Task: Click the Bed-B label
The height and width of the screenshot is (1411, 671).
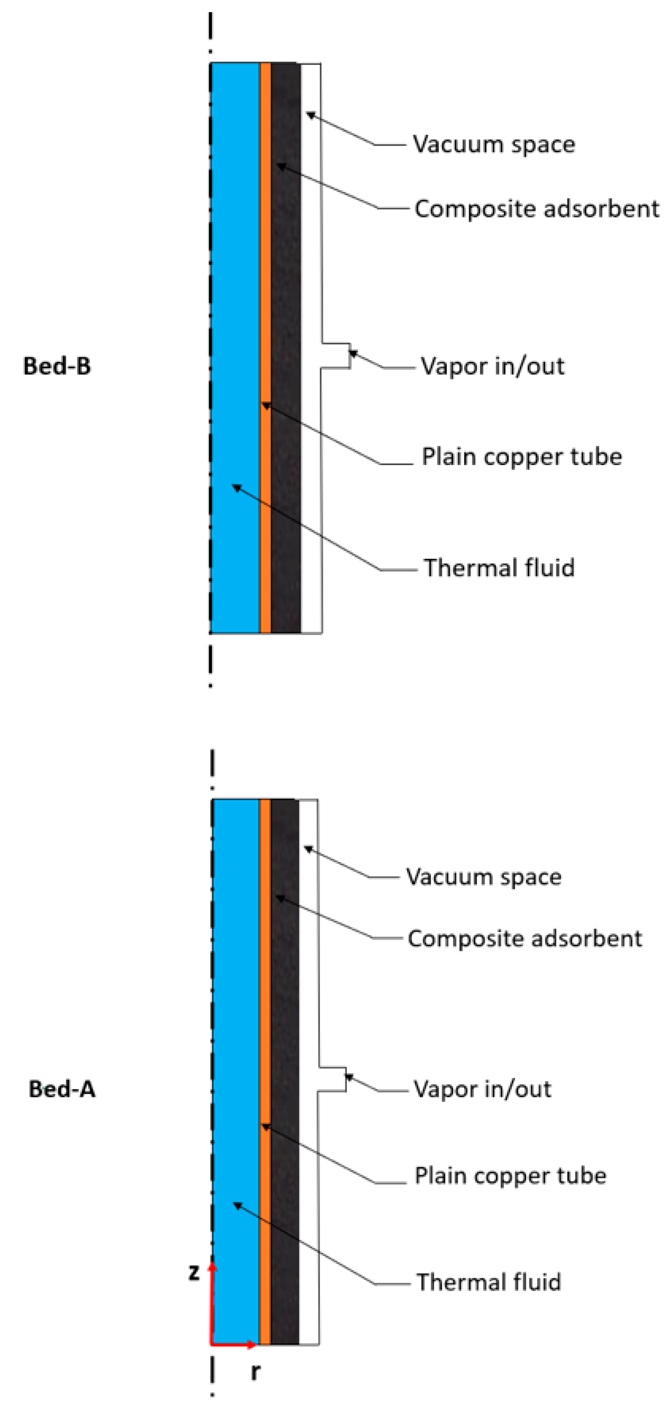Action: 57,366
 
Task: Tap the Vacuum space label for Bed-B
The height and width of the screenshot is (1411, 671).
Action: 494,145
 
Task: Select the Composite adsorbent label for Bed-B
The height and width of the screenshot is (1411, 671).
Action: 536,209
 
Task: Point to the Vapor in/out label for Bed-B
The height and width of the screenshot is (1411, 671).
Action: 492,366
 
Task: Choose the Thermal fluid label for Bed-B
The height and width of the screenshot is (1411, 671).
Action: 499,568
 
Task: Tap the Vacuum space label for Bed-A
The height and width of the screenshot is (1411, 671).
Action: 483,877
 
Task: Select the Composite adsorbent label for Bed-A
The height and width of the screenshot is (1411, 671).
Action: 524,939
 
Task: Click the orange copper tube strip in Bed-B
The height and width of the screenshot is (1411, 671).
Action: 265,274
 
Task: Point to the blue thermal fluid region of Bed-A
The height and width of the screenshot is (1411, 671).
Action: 236,1041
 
